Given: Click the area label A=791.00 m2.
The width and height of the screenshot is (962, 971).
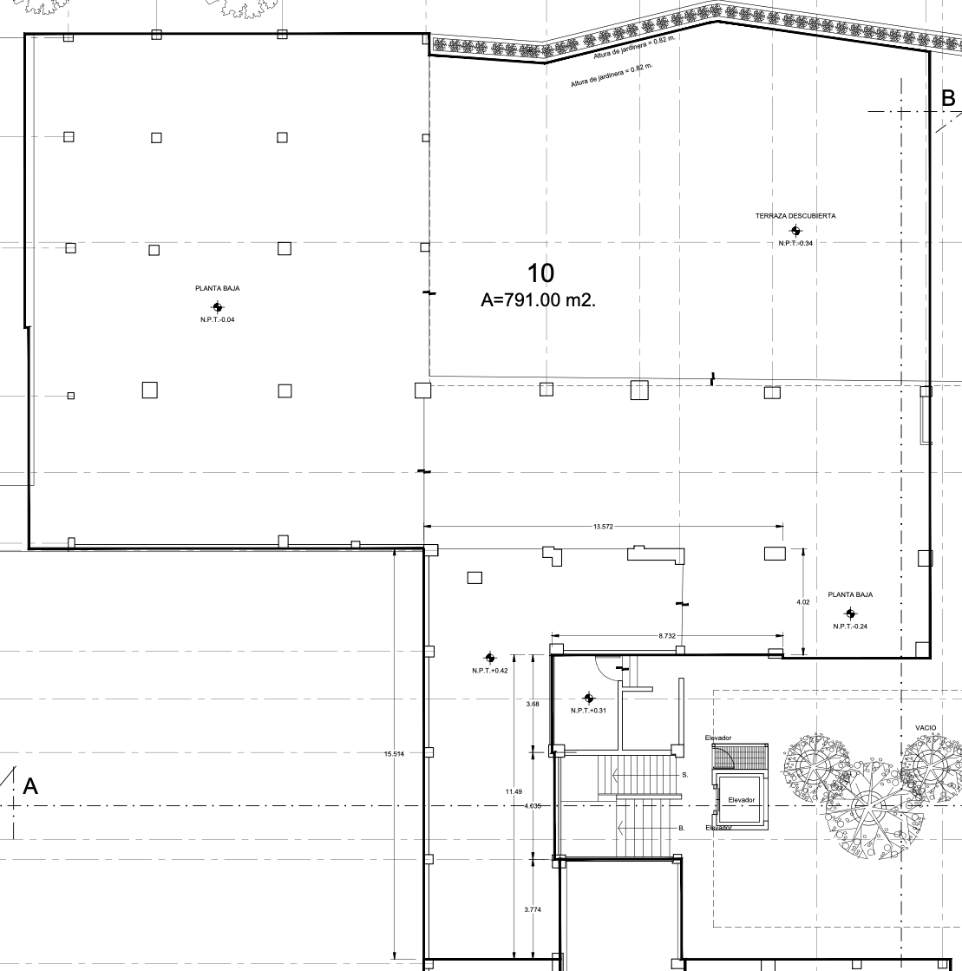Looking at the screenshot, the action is [x=538, y=299].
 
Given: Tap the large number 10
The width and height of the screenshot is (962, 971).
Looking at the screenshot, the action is [x=540, y=273].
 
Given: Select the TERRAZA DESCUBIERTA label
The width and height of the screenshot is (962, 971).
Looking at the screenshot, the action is [x=795, y=216].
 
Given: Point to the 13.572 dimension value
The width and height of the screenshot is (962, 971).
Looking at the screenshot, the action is [x=603, y=527].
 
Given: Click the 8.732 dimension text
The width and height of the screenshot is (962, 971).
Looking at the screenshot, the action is [x=667, y=636].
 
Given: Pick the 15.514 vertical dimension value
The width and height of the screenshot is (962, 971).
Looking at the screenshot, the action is [x=394, y=754].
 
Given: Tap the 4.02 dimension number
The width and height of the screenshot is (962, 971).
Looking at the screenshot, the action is [x=803, y=602].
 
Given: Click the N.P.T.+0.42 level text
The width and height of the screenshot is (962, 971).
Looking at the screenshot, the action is [x=489, y=671].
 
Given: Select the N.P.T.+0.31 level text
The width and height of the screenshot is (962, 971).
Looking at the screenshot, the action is [x=588, y=711].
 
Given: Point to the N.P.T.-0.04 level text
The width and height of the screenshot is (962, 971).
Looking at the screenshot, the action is [x=217, y=319].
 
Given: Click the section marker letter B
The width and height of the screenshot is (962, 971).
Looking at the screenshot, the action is [x=948, y=98].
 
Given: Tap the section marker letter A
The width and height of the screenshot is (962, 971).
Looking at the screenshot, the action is [x=30, y=786].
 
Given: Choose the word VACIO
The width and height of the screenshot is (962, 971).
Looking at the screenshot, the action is [x=926, y=728].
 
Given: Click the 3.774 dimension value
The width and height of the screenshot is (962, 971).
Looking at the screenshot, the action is [x=533, y=909].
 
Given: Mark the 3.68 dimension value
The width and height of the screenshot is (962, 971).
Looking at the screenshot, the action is [x=533, y=704].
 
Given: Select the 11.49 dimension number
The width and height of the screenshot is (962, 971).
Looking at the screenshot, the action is [x=514, y=791].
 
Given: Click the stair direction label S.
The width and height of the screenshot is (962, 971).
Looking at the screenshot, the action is [x=684, y=775].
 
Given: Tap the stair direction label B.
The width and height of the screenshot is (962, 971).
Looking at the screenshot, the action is [x=682, y=828].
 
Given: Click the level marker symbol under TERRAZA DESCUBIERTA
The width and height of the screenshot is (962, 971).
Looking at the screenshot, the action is [x=795, y=231].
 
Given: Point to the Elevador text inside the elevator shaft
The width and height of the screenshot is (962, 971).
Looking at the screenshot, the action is [x=742, y=800].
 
